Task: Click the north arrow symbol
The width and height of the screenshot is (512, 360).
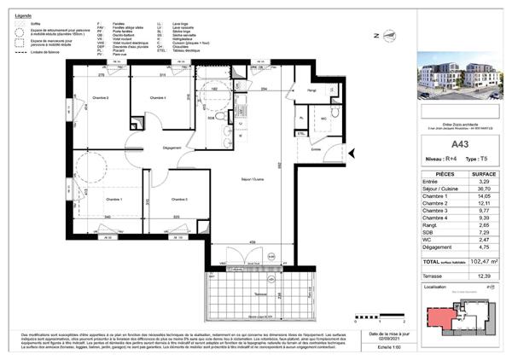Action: (381, 36)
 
